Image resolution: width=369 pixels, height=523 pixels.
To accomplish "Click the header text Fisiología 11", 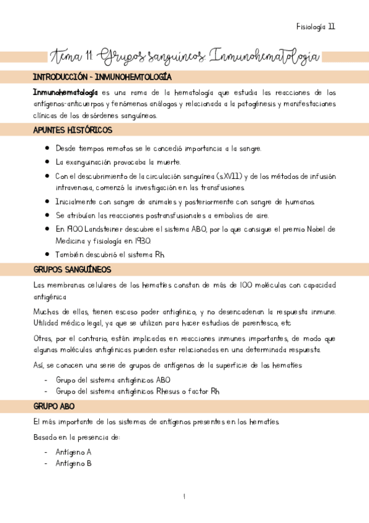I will pyautogui.click(x=315, y=27).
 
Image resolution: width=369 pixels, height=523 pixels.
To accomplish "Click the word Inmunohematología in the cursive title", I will pyautogui.click(x=266, y=57).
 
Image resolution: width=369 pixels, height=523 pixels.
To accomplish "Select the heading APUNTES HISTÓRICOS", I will pyautogui.click(x=72, y=130).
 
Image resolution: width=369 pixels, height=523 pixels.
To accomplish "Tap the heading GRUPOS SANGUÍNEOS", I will pyautogui.click(x=71, y=270).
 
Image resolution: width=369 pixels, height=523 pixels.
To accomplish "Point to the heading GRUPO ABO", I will pyautogui.click(x=54, y=406).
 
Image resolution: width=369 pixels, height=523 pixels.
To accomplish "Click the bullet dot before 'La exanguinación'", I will pyautogui.click(x=47, y=162).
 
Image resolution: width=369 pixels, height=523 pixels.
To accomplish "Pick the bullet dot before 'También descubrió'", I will pyautogui.click(x=47, y=254).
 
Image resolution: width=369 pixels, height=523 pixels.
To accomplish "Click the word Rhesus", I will pyautogui.click(x=177, y=391).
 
